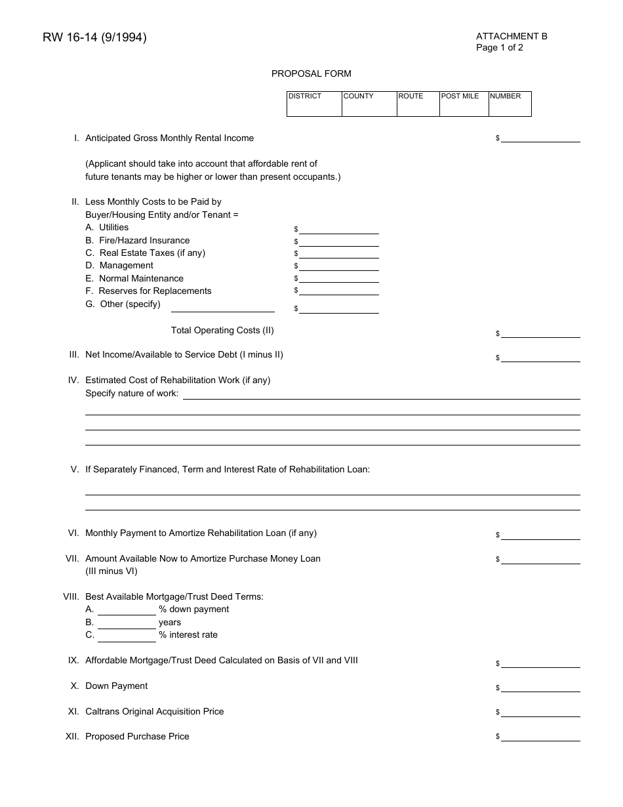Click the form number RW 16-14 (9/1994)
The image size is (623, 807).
(94, 38)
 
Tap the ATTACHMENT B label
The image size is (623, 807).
(512, 36)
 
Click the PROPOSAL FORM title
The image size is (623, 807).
(311, 73)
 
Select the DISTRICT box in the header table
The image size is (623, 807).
(314, 104)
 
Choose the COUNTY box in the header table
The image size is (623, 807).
(369, 104)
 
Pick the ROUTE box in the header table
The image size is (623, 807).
(418, 104)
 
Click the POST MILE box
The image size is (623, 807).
(464, 104)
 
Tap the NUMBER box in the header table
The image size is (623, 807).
(510, 104)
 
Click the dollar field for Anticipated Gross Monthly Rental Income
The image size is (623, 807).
(540, 138)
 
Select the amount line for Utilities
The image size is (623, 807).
(339, 229)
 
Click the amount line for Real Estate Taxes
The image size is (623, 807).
(339, 254)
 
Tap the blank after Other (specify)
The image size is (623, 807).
(222, 307)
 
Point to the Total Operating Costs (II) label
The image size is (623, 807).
(222, 330)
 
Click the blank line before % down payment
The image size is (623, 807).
(127, 610)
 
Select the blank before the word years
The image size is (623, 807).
(127, 623)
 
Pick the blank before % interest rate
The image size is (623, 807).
(127, 636)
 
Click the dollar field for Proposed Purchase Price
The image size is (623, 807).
(540, 737)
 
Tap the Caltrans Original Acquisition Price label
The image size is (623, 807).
(154, 711)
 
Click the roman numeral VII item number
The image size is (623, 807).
(72, 558)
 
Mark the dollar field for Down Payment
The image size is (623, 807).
(540, 687)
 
